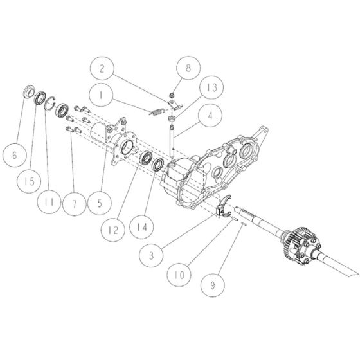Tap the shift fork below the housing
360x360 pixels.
pos(224,207)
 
